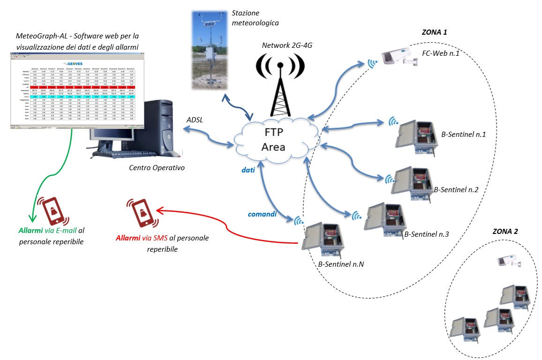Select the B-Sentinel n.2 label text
(456, 190)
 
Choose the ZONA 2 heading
(505, 232)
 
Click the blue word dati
(248, 171)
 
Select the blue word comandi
(262, 214)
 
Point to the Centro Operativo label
(156, 168)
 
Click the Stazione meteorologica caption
(255, 18)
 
